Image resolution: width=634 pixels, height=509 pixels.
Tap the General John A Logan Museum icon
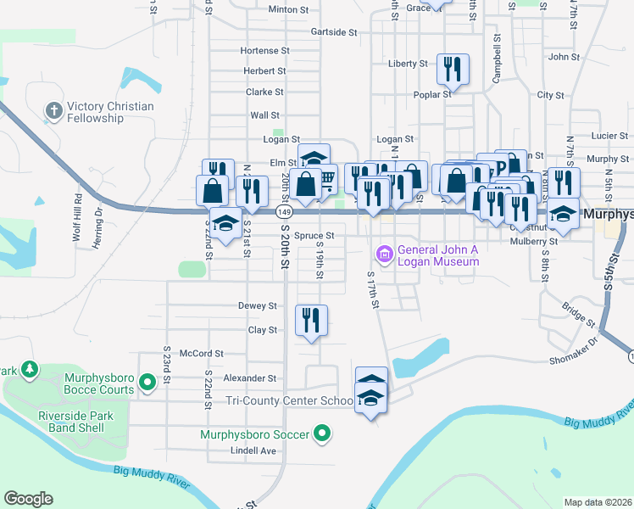pos(384,254)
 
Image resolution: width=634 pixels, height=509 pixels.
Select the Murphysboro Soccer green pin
pos(321,435)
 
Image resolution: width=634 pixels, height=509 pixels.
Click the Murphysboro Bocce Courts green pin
pos(147,383)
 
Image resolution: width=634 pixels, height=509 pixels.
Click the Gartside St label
pos(334,31)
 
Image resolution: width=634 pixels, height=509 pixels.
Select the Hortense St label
pos(264,51)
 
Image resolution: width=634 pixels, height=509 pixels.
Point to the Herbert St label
pos(265,71)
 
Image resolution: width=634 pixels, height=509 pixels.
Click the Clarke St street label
pos(264,92)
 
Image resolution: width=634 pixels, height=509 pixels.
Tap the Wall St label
pos(264,115)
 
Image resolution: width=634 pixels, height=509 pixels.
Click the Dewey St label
pos(258,305)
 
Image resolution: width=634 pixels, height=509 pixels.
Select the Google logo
pos(28,499)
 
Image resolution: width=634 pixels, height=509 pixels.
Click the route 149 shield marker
pos(285,211)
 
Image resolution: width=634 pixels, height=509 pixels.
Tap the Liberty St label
pos(408,64)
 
